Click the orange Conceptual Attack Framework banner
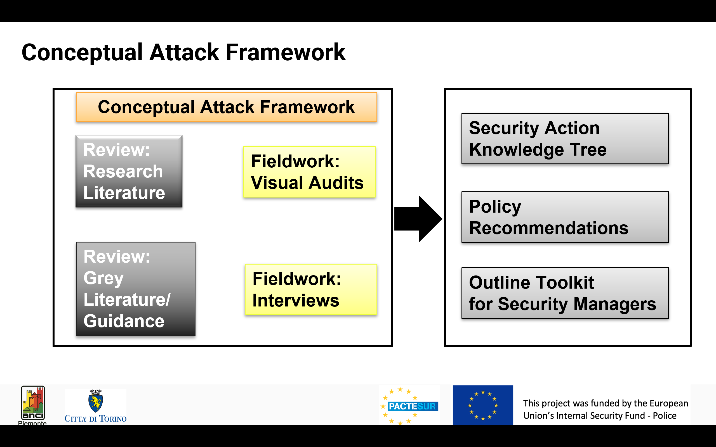click(x=226, y=107)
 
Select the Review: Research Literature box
click(x=129, y=172)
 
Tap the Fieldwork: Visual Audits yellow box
click(x=309, y=172)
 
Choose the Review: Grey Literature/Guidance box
click(x=135, y=289)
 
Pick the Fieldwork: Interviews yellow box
click(x=311, y=289)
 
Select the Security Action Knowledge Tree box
click(x=565, y=139)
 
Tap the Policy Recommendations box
click(x=565, y=217)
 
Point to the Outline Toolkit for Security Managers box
click(x=565, y=293)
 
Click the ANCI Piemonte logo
click(x=33, y=403)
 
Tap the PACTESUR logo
click(x=410, y=406)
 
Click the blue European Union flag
click(x=482, y=405)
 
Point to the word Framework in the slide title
click(x=286, y=53)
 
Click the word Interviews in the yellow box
click(x=296, y=301)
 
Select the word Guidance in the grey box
click(x=124, y=321)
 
